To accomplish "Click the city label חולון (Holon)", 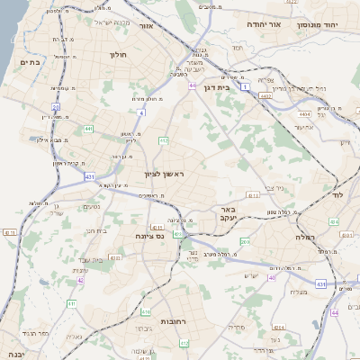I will [x=118, y=55].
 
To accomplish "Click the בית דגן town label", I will [x=238, y=88].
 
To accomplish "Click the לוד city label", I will [x=340, y=194].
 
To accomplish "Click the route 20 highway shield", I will [x=55, y=107].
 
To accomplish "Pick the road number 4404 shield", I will [x=306, y=114].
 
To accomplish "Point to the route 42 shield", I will [x=80, y=280].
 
